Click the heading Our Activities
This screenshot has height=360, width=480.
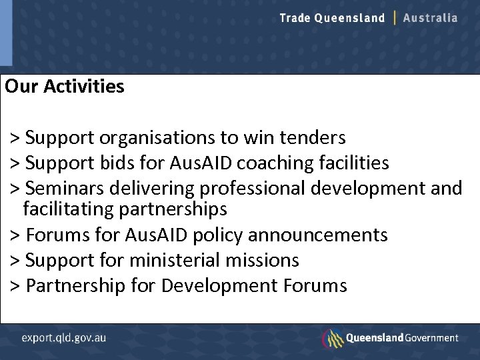[x=64, y=87]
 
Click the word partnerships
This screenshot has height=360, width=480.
[x=173, y=209]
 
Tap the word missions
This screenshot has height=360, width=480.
[x=264, y=260]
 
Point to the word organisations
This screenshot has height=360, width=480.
[x=157, y=138]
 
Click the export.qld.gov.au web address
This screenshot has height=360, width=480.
[x=64, y=337]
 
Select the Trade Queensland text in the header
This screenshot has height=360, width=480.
[x=332, y=18]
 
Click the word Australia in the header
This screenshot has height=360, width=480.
[x=431, y=18]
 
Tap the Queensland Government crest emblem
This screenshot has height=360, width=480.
[x=332, y=337]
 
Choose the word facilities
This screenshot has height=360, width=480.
[x=356, y=163]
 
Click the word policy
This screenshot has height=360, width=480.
[x=216, y=235]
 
